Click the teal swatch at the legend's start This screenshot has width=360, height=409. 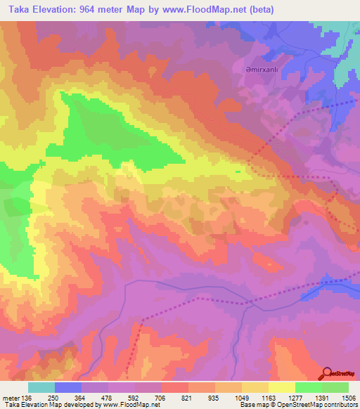[x=41, y=387]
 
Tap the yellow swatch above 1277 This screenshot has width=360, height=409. [x=281, y=387]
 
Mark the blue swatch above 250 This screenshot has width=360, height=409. [x=67, y=387]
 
